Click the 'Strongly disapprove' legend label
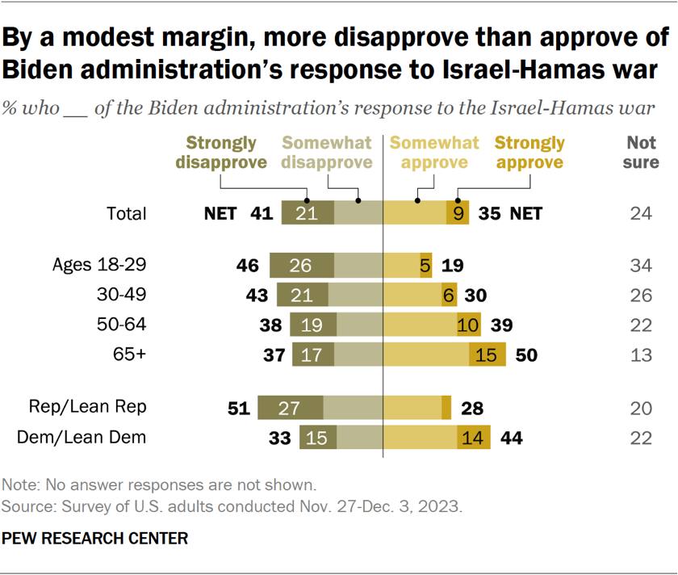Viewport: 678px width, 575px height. pyautogui.click(x=221, y=153)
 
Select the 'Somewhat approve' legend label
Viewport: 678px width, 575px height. pyautogui.click(x=434, y=153)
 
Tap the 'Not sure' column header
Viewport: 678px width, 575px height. pyautogui.click(x=641, y=153)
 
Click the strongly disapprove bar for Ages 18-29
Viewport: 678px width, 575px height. pyautogui.click(x=302, y=265)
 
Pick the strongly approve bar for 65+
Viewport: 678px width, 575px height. pyautogui.click(x=488, y=355)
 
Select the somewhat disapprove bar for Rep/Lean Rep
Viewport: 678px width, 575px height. pyautogui.click(x=353, y=407)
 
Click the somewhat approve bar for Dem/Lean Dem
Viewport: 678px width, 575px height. pyautogui.click(x=421, y=437)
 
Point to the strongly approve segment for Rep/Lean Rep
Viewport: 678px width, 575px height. pyautogui.click(x=446, y=407)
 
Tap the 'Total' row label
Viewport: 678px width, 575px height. pyautogui.click(x=127, y=213)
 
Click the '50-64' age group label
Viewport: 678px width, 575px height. pyautogui.click(x=122, y=324)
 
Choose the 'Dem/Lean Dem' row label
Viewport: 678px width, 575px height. pyautogui.click(x=82, y=437)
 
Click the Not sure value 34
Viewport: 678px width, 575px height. pyautogui.click(x=641, y=265)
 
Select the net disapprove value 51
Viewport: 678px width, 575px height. pyautogui.click(x=239, y=408)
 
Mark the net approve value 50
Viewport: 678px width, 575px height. pyautogui.click(x=526, y=355)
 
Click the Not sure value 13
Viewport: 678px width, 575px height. pyautogui.click(x=641, y=355)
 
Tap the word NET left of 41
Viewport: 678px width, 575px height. pyautogui.click(x=220, y=213)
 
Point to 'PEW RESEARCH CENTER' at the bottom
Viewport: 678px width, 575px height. pyautogui.click(x=94, y=538)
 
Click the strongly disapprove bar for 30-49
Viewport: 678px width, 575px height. pyautogui.click(x=302, y=295)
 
